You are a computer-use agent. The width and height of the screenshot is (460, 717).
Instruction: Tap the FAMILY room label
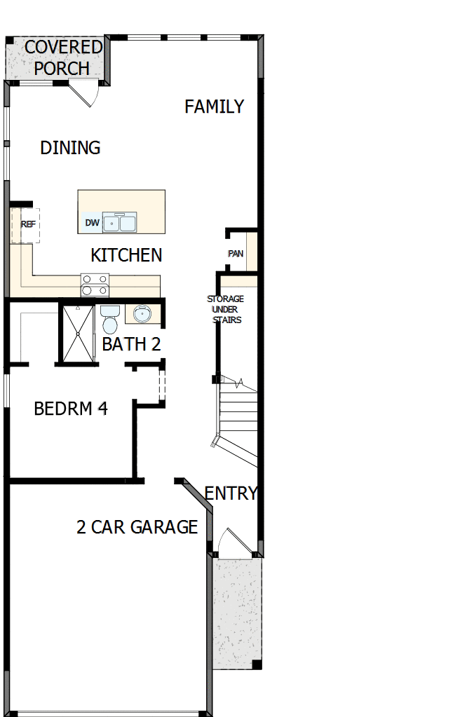[214, 107]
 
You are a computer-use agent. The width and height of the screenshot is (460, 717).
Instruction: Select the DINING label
[70, 148]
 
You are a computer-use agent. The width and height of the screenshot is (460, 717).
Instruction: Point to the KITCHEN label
[126, 255]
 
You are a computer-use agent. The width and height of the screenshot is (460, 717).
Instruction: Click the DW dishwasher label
[92, 223]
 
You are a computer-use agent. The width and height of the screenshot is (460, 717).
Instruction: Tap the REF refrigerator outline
[26, 225]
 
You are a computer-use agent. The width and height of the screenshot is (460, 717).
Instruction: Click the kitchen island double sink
[120, 222]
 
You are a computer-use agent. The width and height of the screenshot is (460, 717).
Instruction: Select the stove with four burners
[95, 285]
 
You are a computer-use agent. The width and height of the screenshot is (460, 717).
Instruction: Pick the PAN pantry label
[236, 253]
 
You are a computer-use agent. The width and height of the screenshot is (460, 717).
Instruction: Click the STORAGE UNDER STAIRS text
[225, 309]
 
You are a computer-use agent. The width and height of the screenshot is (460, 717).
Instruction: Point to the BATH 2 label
[132, 344]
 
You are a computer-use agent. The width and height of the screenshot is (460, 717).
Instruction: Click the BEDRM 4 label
[71, 408]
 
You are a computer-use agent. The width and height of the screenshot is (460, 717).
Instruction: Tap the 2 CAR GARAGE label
[137, 527]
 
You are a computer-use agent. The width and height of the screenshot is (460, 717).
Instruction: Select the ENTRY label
[231, 493]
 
